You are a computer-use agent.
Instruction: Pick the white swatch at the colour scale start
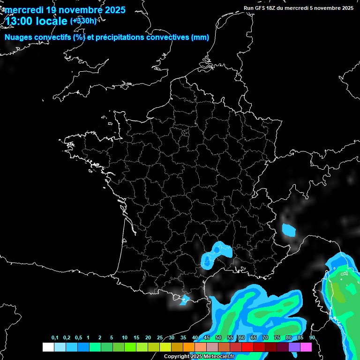pos(48,347)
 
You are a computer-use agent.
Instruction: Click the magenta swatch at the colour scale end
pos(306,347)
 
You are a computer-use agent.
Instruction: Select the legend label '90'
pos(312,338)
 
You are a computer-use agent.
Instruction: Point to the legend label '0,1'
pos(55,338)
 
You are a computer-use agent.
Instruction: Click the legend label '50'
pos(218,338)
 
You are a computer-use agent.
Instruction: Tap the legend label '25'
pos(160,338)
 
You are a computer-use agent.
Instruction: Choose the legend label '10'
pos(124,338)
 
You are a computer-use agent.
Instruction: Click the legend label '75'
pos(277,338)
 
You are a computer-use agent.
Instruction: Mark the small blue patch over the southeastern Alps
pos(289,230)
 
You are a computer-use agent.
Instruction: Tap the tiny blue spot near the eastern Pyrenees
pos(185,299)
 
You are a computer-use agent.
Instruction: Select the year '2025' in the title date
pos(112,10)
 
